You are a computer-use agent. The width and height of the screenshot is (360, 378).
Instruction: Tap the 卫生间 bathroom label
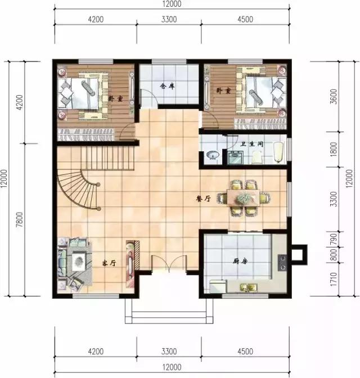[x=252, y=145]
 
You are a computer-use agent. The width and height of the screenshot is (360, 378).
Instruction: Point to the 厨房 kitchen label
[x=241, y=261]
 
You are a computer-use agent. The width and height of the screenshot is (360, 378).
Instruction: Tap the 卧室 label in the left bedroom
[x=115, y=97]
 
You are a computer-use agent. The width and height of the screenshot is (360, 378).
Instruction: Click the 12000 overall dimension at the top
[x=172, y=4]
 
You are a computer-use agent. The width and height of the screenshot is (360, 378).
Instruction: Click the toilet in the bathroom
[x=275, y=155]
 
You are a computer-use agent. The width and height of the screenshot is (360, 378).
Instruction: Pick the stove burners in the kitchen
[x=282, y=262]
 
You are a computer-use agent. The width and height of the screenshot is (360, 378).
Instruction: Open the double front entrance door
[x=169, y=264]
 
